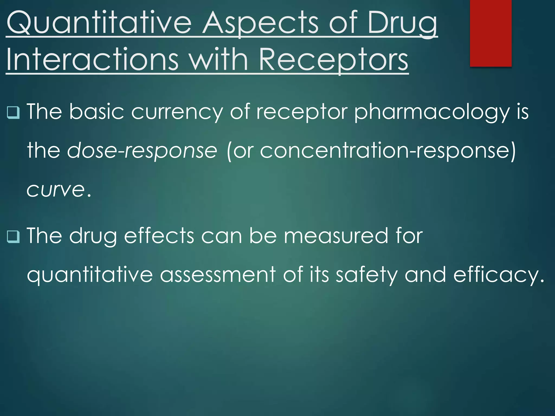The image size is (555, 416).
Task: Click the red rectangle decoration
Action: pos(491,33)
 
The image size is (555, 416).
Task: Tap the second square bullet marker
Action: pos(13,236)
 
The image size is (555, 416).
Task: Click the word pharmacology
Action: pos(432,112)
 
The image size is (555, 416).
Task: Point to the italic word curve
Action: pos(56,190)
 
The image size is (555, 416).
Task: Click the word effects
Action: pos(159,236)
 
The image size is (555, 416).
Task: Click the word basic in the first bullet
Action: pos(96,112)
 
